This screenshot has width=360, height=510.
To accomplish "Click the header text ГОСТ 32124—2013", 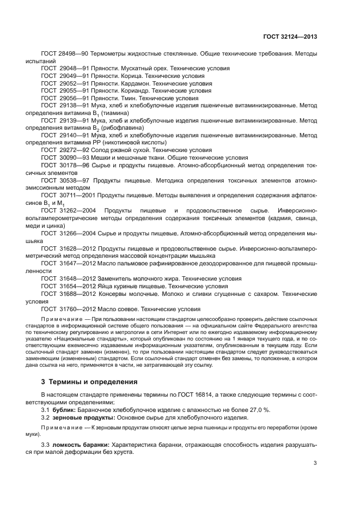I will pyautogui.click(x=289, y=37).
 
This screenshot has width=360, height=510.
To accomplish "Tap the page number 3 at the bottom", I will pyautogui.click(x=315, y=464).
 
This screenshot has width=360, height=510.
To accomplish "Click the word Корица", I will pyautogui.click(x=127, y=76).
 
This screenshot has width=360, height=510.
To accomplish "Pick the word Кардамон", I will pyautogui.click(x=132, y=84).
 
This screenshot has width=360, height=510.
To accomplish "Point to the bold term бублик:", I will pyautogui.click(x=65, y=409).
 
